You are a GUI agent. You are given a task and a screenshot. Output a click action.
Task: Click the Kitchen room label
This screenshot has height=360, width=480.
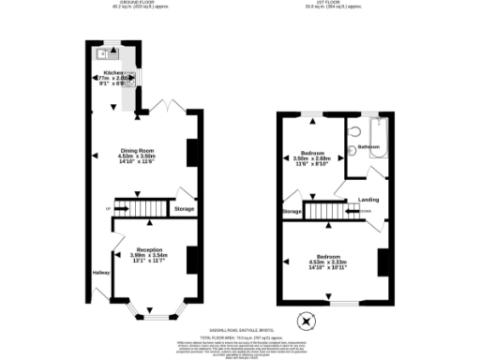[x=113, y=72]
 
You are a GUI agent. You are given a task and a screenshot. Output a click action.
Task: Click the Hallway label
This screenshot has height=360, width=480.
[x=101, y=272]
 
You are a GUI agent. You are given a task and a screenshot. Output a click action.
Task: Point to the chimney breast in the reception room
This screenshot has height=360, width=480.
[x=192, y=259]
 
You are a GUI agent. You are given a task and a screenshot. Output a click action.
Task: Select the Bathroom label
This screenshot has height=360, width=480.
[x=368, y=147]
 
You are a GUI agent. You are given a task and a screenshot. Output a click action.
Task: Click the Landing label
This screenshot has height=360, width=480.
[x=368, y=200]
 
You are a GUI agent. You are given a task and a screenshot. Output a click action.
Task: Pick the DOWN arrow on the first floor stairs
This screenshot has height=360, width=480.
[x=357, y=211]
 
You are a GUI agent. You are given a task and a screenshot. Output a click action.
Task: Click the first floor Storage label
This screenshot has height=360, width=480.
[x=292, y=212]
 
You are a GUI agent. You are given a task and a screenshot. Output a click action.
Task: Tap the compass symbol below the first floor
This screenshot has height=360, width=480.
[x=305, y=322]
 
